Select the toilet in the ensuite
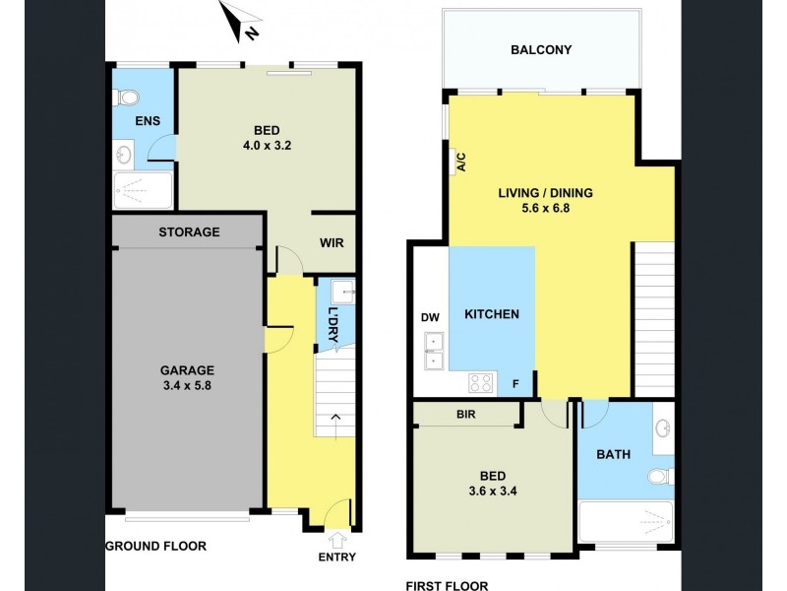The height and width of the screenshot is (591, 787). point(126,97)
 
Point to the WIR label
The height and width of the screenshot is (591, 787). point(332,242)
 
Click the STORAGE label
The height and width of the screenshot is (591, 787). point(189,232)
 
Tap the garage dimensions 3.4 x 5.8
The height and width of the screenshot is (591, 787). point(186,386)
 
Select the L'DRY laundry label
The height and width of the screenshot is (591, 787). point(333,324)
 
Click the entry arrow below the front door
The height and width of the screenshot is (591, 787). point(337,540)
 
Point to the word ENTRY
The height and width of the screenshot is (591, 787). point(337,558)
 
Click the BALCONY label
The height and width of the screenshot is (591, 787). point(540,50)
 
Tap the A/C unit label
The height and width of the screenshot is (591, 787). point(458,162)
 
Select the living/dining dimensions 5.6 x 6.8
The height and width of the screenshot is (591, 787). point(545,209)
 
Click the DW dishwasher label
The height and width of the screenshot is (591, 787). point(430,318)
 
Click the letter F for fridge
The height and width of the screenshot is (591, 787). point(515,385)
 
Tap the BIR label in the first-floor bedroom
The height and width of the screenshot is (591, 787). point(465,415)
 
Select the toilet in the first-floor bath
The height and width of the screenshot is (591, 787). point(660,478)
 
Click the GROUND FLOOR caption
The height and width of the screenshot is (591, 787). point(156,546)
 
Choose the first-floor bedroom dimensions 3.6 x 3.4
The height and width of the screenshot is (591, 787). point(491,485)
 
